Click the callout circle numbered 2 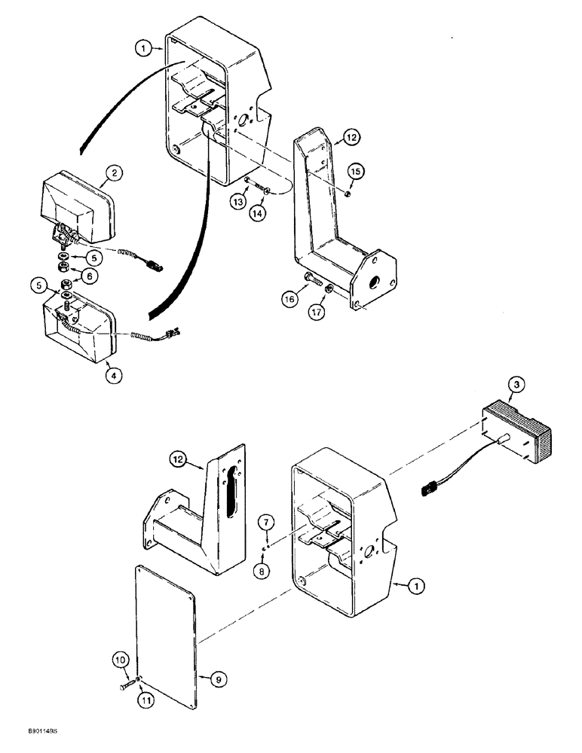click(115, 175)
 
